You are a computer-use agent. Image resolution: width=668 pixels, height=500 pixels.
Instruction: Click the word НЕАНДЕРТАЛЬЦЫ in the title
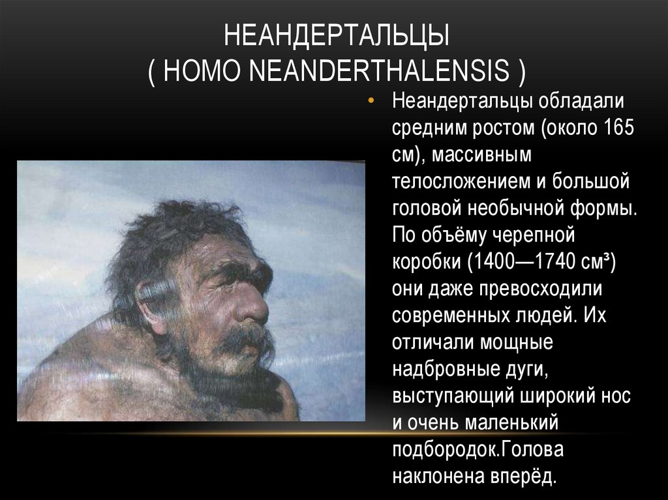point(337,37)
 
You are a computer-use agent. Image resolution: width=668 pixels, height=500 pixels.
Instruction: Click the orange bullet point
point(371,102)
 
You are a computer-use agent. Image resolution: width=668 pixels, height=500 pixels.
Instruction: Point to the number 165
point(618,128)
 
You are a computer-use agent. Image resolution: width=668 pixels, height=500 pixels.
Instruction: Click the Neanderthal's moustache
point(245,339)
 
